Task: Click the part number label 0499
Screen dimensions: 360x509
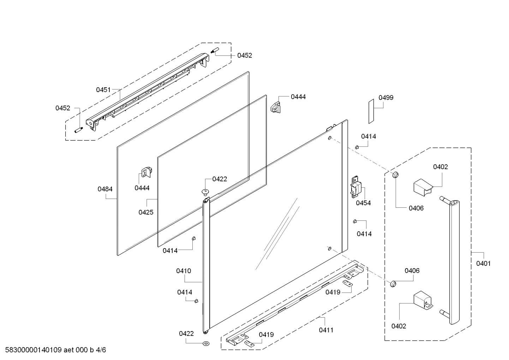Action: [386, 98]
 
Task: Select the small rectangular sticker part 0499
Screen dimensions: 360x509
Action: [371, 111]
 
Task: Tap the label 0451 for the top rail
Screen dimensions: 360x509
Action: [103, 90]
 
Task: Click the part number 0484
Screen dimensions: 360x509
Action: [105, 189]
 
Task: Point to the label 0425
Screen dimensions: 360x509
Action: [146, 212]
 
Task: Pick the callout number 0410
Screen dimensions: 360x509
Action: [184, 271]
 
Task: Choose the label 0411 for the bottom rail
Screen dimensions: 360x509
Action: [326, 330]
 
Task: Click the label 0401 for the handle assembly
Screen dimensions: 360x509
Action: [483, 263]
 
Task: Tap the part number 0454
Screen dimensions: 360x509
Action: [363, 203]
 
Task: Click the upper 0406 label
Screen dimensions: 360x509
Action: [416, 208]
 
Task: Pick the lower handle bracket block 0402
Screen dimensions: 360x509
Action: [422, 300]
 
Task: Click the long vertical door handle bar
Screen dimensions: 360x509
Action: [454, 261]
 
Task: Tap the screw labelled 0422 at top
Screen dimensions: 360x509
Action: [205, 191]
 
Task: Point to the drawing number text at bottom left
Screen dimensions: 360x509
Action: [55, 350]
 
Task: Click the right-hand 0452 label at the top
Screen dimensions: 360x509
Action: [245, 55]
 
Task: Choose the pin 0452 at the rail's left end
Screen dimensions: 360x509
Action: [78, 130]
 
